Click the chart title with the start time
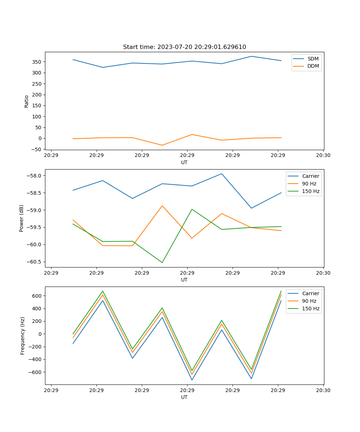pyautogui.click(x=184, y=47)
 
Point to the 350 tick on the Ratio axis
pyautogui.click(x=37, y=62)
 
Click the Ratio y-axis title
pyautogui.click(x=26, y=101)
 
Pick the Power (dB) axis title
pyautogui.click(x=22, y=218)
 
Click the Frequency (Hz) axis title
pyautogui.click(x=23, y=336)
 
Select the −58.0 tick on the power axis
pyautogui.click(x=34, y=176)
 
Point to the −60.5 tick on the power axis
pyautogui.click(x=34, y=262)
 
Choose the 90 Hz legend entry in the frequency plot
pyautogui.click(x=309, y=301)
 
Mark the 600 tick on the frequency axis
pyautogui.click(x=37, y=296)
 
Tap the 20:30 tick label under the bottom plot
pyautogui.click(x=323, y=390)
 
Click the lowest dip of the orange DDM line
pyautogui.click(x=162, y=145)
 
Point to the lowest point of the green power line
pyautogui.click(x=162, y=262)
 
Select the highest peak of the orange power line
pyautogui.click(x=162, y=206)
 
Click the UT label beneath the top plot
pyautogui.click(x=184, y=162)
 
